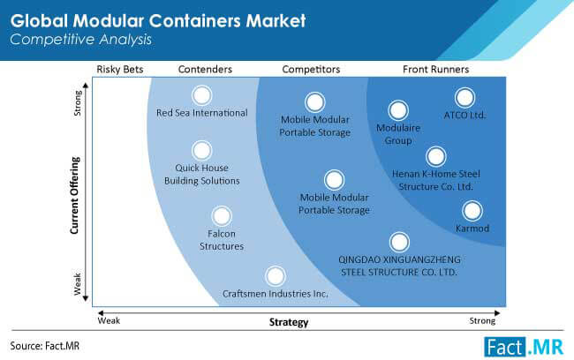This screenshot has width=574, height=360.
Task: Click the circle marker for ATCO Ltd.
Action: click(x=464, y=98)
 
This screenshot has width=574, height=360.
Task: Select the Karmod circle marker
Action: click(x=472, y=211)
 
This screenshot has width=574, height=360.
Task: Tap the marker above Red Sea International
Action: click(x=201, y=95)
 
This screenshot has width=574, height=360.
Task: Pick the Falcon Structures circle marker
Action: click(x=222, y=216)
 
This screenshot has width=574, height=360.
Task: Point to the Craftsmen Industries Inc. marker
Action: click(x=276, y=276)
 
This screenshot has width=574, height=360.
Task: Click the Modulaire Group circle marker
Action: click(x=398, y=110)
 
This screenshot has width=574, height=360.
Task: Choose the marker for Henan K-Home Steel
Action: click(x=436, y=156)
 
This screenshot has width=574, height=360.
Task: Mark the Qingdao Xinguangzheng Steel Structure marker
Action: click(x=399, y=242)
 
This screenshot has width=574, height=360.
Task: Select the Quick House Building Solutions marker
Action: click(x=201, y=150)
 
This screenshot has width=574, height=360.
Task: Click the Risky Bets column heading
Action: click(x=120, y=70)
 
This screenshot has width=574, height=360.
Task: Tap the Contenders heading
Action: click(x=205, y=69)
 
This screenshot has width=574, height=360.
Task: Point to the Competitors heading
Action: click(x=311, y=70)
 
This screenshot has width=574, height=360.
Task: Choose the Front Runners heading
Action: click(x=435, y=69)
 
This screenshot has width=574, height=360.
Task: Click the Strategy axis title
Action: click(x=289, y=322)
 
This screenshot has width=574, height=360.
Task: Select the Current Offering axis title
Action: click(x=75, y=195)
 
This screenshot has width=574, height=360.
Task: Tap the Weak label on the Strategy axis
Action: click(x=109, y=321)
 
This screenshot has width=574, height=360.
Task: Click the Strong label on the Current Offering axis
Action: click(x=78, y=103)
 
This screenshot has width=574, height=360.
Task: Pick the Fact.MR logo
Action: click(x=524, y=347)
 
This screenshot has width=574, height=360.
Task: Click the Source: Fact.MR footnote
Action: click(x=45, y=346)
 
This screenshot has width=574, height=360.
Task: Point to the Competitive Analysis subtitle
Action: click(x=80, y=40)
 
